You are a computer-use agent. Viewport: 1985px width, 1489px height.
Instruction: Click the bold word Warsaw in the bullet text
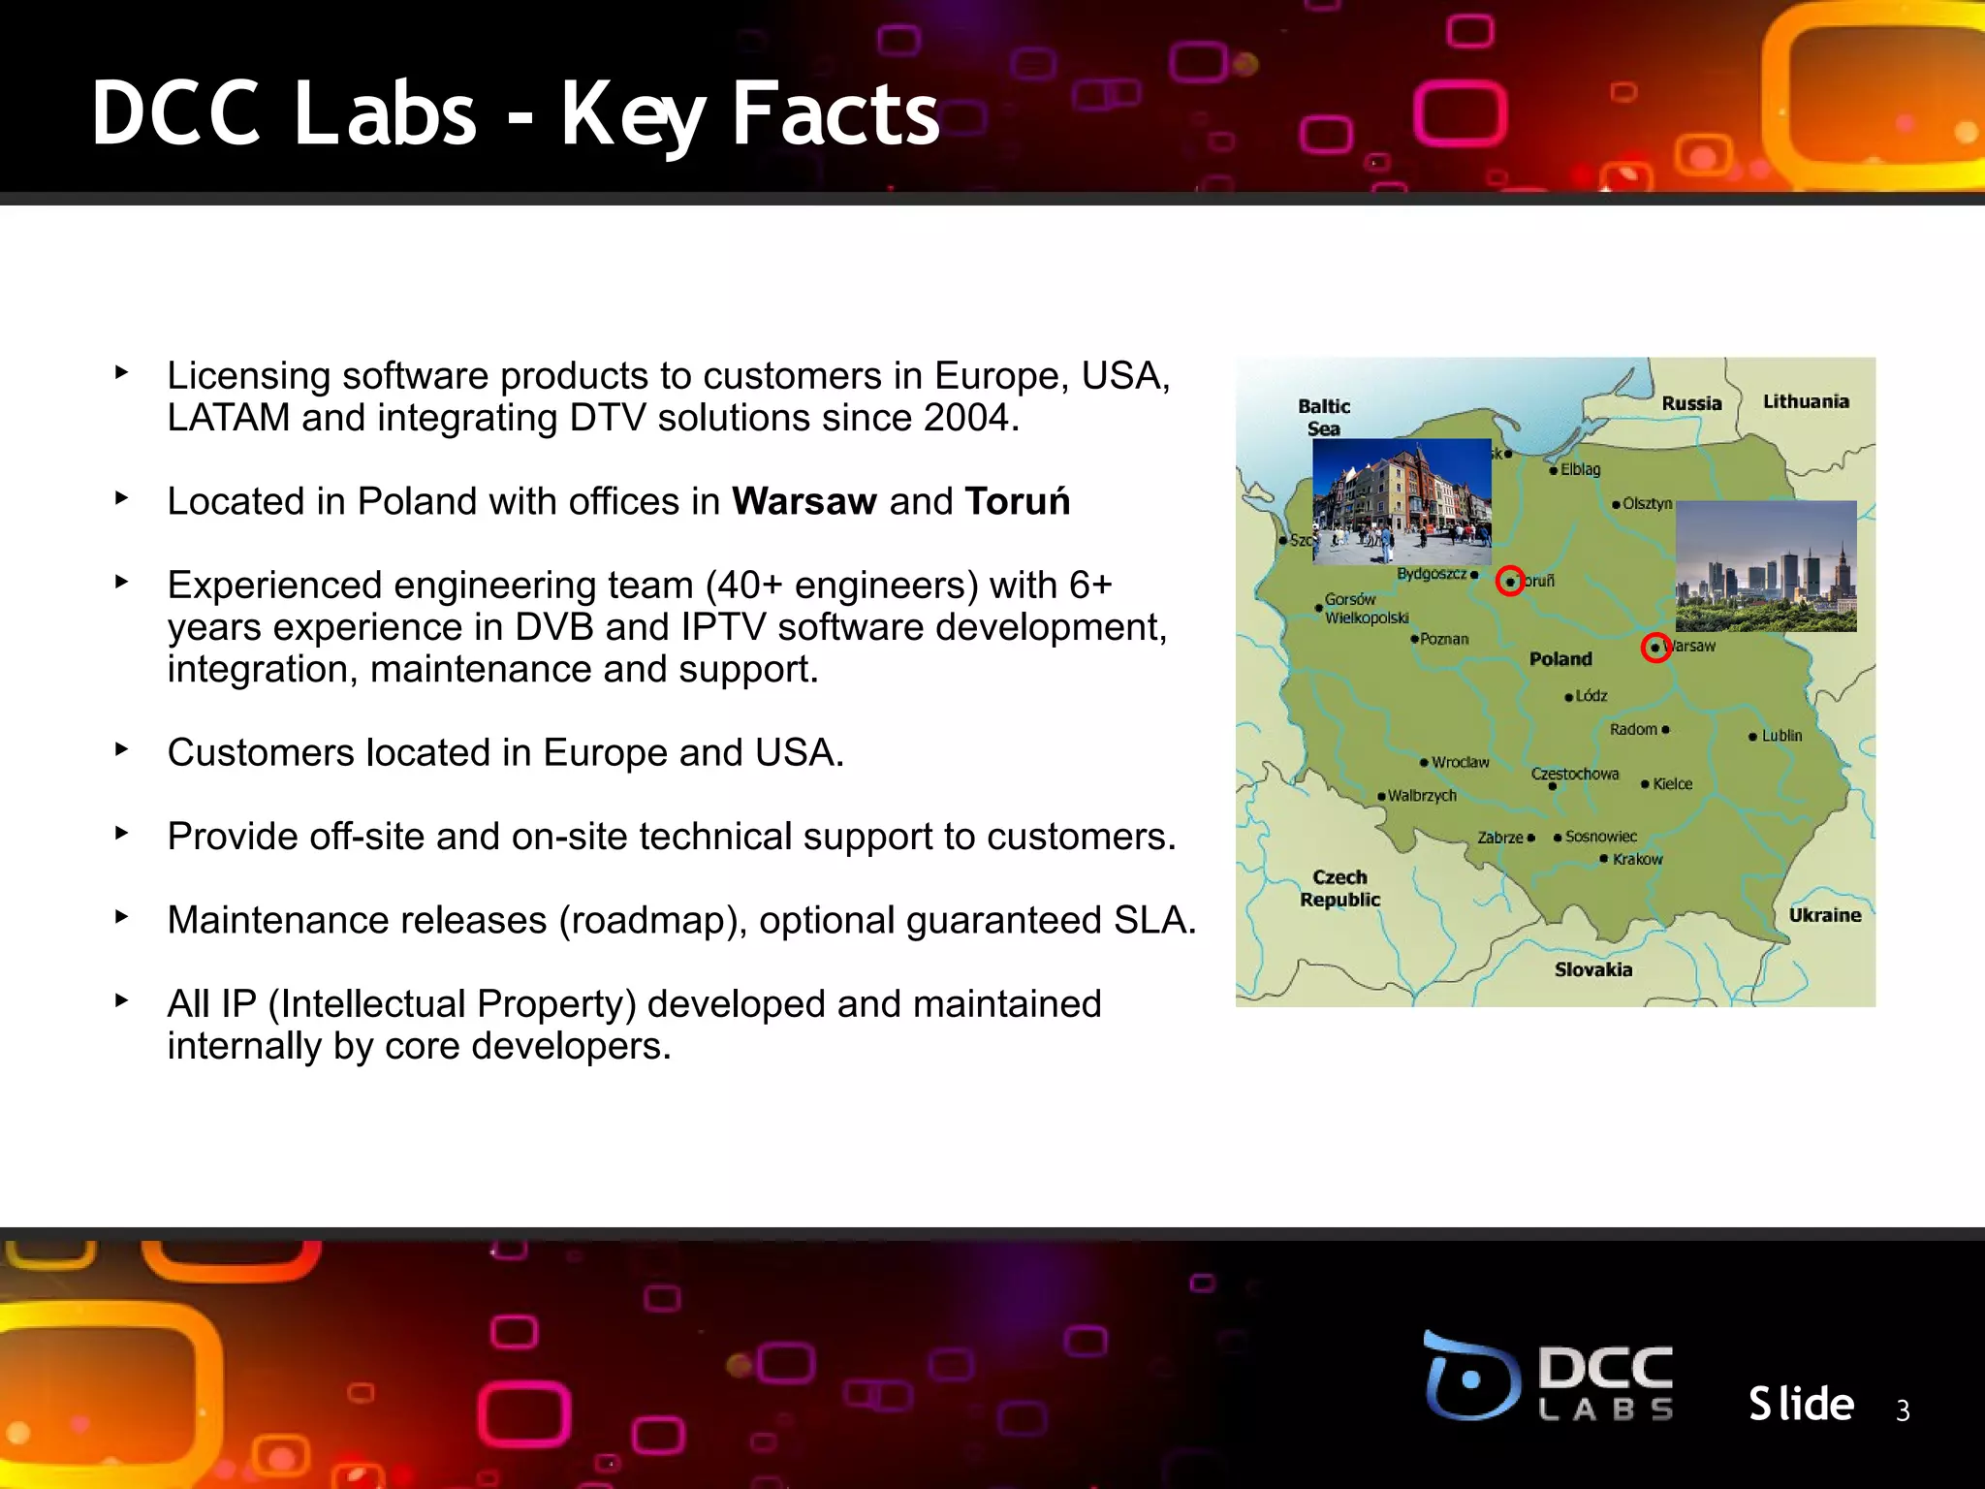tap(803, 501)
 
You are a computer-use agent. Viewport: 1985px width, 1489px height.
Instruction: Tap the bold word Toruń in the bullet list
tap(1017, 501)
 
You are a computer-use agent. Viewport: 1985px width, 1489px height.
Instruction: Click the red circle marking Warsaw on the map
tap(1655, 648)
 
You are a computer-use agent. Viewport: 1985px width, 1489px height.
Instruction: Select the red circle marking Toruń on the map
tap(1510, 581)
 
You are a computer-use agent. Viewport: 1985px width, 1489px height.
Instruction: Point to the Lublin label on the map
tap(1781, 736)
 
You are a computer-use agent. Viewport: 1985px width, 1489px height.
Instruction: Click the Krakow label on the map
tap(1637, 859)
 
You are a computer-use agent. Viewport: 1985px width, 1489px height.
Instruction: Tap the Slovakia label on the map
tap(1593, 969)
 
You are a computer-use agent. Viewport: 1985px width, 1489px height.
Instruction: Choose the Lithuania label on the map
tap(1806, 401)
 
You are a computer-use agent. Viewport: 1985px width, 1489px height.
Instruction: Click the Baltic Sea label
tap(1324, 418)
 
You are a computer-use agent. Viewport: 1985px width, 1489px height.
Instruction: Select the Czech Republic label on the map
tap(1339, 888)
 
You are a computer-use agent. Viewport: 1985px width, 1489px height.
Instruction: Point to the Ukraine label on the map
tap(1825, 915)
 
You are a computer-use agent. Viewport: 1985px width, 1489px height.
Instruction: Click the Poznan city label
tap(1444, 639)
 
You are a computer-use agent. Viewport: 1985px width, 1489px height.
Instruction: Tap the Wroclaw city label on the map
tap(1460, 762)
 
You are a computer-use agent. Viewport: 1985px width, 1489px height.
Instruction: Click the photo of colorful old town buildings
tap(1402, 501)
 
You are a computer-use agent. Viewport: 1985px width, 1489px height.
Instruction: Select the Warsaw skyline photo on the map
tap(1766, 566)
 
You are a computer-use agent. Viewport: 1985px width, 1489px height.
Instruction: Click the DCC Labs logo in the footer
tap(1549, 1377)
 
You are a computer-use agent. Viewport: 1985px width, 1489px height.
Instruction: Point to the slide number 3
tap(1903, 1410)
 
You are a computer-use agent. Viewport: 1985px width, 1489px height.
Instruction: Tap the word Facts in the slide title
tap(835, 114)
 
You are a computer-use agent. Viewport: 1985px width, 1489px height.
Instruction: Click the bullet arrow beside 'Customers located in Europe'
tap(121, 749)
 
